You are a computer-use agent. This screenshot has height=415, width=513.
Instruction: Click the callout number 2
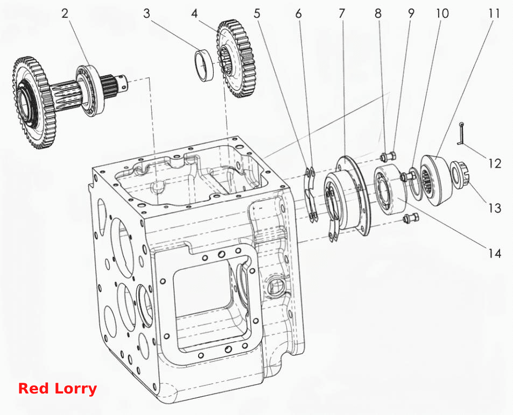tap(65, 14)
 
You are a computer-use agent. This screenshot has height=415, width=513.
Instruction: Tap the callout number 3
tap(146, 14)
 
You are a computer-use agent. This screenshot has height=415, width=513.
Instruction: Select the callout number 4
tap(195, 14)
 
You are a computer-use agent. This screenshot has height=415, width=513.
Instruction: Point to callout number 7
tap(342, 14)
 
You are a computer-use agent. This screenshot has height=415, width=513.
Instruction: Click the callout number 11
tap(494, 14)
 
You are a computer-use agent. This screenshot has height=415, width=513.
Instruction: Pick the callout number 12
tap(495, 163)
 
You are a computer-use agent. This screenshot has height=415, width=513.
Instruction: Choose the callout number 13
tap(495, 208)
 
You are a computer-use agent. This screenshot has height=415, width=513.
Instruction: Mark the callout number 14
tap(495, 253)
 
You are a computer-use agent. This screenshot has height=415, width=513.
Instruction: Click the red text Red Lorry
tap(57, 389)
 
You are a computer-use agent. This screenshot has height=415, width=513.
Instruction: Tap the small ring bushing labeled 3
tap(205, 65)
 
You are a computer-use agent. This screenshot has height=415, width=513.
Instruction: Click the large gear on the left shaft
tap(33, 103)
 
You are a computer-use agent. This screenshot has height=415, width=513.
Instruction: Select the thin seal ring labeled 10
tap(416, 184)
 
